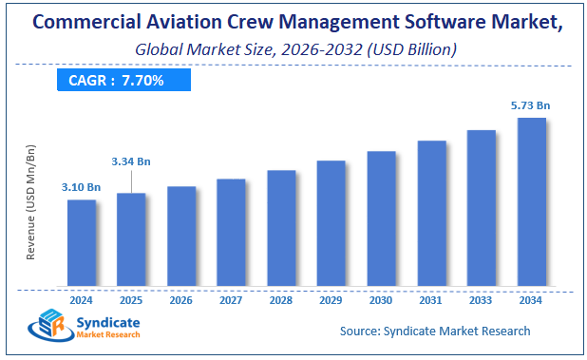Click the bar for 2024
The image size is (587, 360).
pos(82,242)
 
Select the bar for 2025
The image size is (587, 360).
pos(131,238)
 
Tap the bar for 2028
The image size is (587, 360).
pos(281,228)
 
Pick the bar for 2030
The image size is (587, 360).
pos(381,218)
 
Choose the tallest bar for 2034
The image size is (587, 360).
pos(531,201)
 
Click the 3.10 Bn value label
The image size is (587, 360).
pos(82,187)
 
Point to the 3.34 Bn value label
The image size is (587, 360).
pos(130,161)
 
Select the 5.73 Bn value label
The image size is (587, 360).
pos(530,105)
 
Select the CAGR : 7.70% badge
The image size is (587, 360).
pos(117,81)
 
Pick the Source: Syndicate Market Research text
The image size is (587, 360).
pos(435,331)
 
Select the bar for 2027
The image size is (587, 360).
pos(231,232)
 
